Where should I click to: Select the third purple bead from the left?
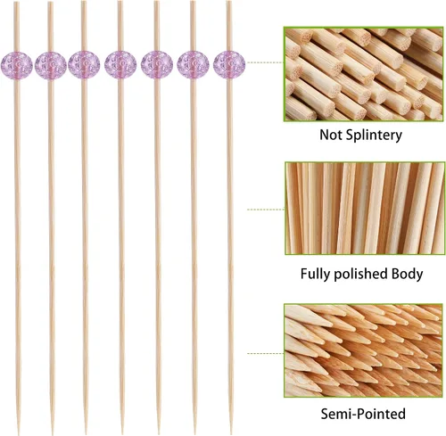click(x=84, y=65)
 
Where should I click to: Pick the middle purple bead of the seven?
click(x=120, y=65)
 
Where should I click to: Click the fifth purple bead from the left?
click(x=157, y=65)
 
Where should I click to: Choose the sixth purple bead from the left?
click(x=193, y=65)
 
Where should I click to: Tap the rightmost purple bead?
click(x=229, y=65)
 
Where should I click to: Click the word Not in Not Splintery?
click(x=328, y=135)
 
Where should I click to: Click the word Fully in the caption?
click(x=315, y=274)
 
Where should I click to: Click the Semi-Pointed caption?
click(x=363, y=414)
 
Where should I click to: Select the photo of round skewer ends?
click(x=364, y=74)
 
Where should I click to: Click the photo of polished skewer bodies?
click(x=365, y=208)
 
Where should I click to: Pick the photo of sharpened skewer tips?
click(x=363, y=350)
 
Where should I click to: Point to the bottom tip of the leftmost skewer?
click(x=19, y=434)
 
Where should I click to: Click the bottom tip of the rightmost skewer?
click(x=231, y=434)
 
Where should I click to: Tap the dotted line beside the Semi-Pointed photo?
click(x=266, y=354)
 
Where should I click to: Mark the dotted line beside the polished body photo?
click(x=266, y=210)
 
